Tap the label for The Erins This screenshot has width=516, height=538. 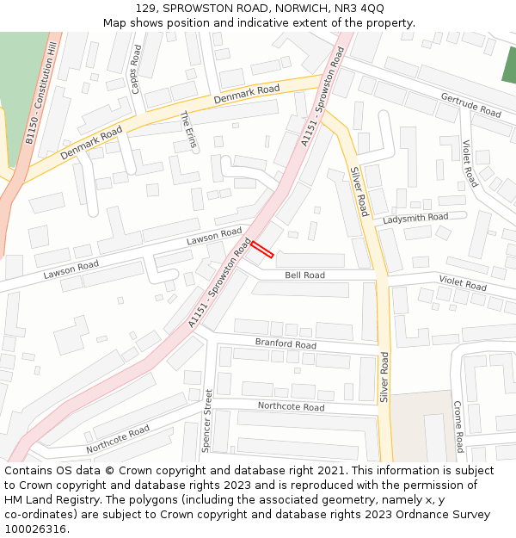pyautogui.click(x=188, y=130)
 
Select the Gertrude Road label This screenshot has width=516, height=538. pyautogui.click(x=470, y=105)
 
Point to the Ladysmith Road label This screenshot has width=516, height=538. pyautogui.click(x=415, y=219)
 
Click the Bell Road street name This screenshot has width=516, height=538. pyautogui.click(x=304, y=275)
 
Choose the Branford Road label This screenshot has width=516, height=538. pyautogui.click(x=286, y=343)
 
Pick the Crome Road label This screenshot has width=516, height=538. pyautogui.click(x=458, y=427)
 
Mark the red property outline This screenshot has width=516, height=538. pyautogui.click(x=262, y=249)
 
